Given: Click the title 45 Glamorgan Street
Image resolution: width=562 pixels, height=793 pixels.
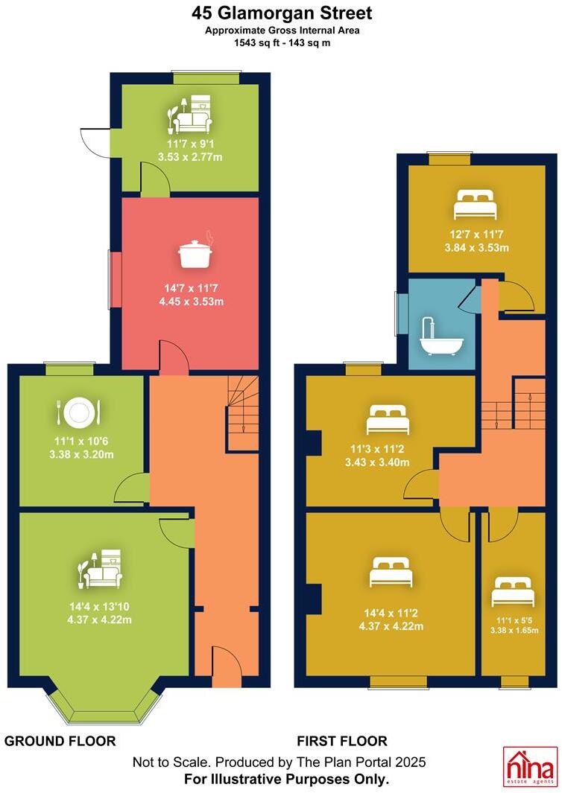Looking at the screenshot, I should pos(282,13).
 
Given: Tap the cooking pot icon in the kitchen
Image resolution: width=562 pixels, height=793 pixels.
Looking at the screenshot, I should pos(196,253).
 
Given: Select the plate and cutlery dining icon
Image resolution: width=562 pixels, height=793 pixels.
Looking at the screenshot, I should pos(78,411).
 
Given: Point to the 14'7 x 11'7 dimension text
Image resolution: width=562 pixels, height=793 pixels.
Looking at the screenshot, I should pos(190,288).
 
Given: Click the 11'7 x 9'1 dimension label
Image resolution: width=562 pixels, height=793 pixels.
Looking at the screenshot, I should pos(190,144).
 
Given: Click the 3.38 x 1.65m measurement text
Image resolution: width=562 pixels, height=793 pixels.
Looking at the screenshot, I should pos(514,630).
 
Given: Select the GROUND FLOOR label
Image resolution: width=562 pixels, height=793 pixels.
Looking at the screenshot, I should pos(60,741).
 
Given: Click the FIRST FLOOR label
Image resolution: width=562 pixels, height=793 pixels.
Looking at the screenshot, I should pos(342,741).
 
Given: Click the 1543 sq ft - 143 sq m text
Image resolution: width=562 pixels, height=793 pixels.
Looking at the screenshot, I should pos(281,43).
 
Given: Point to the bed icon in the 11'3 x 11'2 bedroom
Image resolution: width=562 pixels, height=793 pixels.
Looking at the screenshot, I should pos(388,420).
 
